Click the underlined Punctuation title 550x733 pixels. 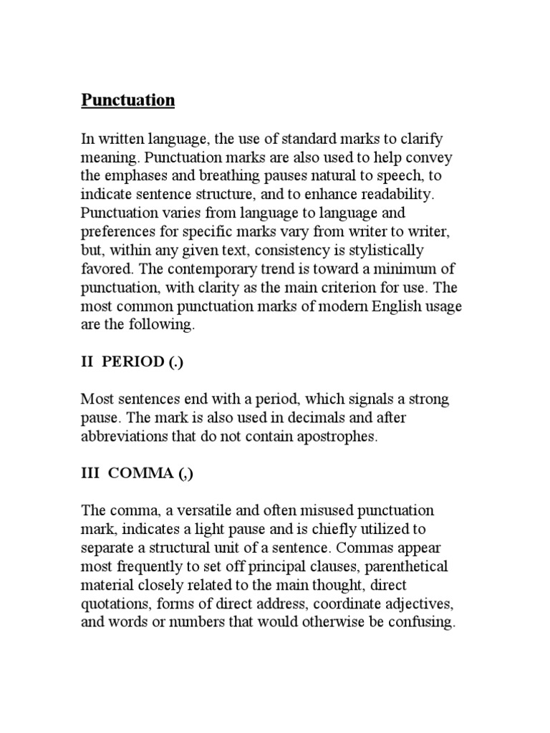(x=128, y=100)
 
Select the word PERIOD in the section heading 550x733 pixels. (x=133, y=361)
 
